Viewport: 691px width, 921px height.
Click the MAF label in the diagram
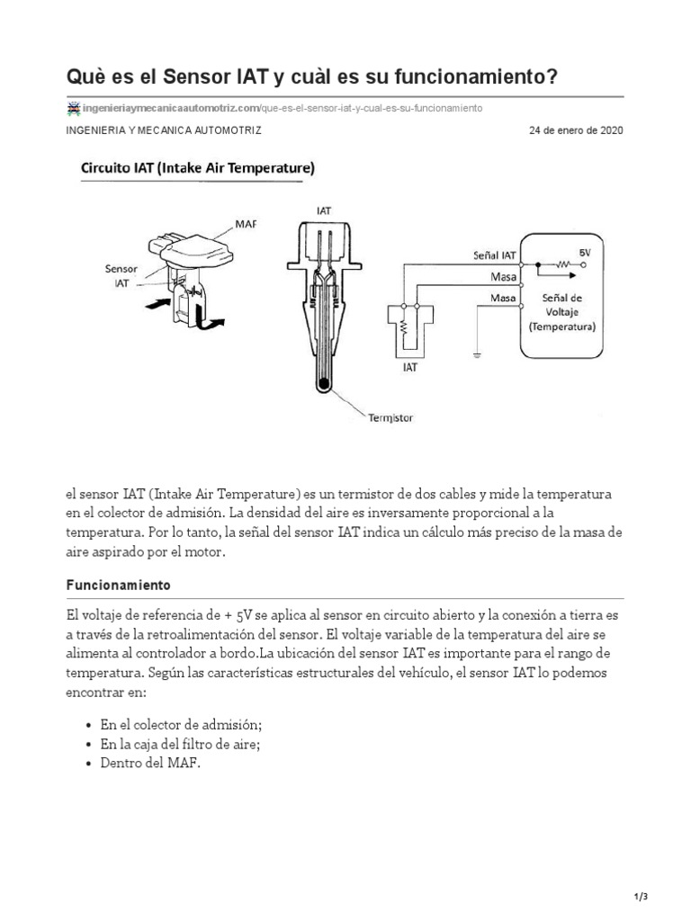point(246,223)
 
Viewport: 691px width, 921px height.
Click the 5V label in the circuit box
point(586,254)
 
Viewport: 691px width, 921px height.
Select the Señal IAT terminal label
point(494,255)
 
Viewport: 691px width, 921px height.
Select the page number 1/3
point(641,897)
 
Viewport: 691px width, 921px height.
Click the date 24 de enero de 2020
point(576,130)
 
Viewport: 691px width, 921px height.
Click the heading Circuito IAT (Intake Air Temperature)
point(197,167)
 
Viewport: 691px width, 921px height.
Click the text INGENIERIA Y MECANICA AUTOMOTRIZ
point(164,130)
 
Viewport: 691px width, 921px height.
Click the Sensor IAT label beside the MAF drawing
point(121,274)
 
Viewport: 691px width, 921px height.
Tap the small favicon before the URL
point(73,108)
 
